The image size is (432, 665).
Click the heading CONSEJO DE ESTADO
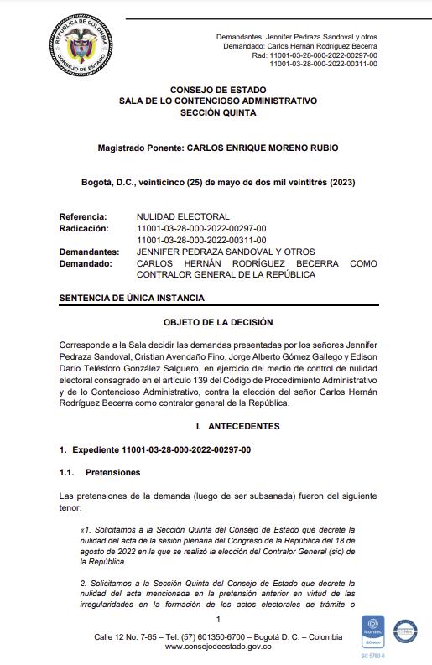217,90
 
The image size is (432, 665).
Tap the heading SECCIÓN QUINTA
217,111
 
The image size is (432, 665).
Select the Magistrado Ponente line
217,148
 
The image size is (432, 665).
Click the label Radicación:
84,228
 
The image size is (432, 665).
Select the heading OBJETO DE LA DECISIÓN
217,322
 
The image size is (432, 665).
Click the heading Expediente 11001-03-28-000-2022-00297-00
160,450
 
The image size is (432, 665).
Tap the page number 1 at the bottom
217,619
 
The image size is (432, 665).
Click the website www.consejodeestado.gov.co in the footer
217,647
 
